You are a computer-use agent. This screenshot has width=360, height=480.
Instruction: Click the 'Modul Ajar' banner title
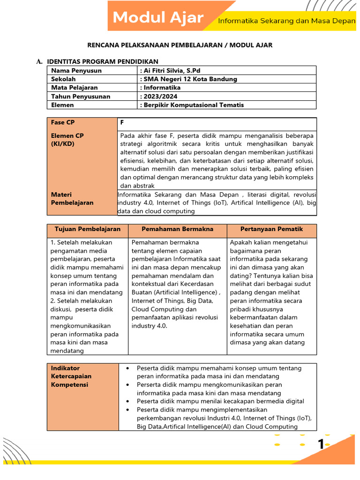click(x=158, y=18)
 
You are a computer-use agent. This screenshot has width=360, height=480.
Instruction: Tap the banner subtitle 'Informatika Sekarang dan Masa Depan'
click(x=287, y=21)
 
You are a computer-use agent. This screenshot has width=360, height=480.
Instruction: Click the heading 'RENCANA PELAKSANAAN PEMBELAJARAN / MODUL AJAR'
click(x=180, y=45)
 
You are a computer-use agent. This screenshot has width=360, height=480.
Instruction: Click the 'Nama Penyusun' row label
click(x=76, y=70)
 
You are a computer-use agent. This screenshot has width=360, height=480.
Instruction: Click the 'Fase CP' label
click(x=62, y=122)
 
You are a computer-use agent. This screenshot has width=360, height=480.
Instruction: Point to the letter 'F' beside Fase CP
click(x=122, y=122)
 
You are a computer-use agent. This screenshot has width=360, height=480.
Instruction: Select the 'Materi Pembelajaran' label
click(x=72, y=198)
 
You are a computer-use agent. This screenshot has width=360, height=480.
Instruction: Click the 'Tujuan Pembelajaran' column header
click(x=88, y=229)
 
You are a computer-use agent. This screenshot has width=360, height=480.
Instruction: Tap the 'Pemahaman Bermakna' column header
click(x=177, y=229)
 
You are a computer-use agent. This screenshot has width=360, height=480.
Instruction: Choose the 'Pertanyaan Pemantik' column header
click(x=271, y=229)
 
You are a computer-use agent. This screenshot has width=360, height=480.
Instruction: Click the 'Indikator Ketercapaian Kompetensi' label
click(x=72, y=376)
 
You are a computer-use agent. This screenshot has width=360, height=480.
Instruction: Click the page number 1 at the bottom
click(x=321, y=444)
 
